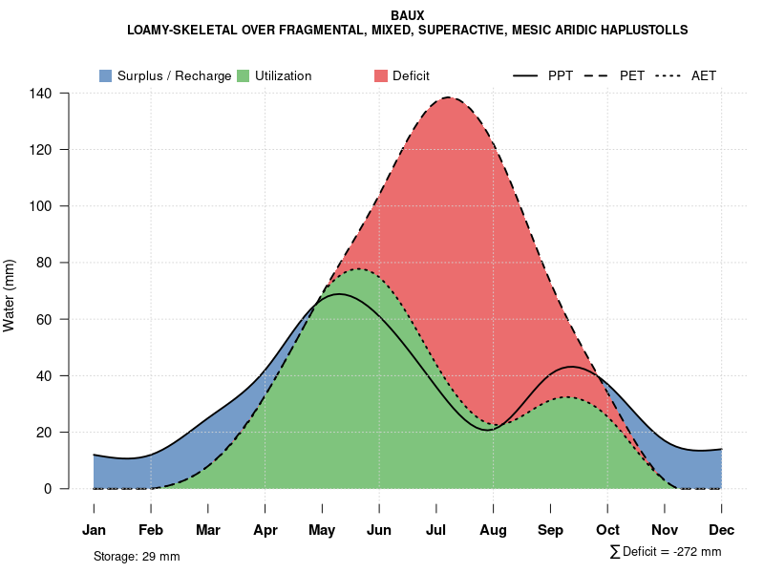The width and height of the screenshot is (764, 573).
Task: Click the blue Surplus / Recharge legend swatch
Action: (x=105, y=75)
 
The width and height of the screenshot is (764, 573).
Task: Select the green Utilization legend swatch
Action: (x=244, y=75)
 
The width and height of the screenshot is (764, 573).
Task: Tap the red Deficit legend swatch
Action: (x=380, y=75)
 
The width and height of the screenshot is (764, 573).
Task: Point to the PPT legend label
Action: (x=561, y=75)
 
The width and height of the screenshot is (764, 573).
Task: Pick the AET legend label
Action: (x=704, y=75)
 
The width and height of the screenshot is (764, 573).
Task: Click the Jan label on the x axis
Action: (x=94, y=530)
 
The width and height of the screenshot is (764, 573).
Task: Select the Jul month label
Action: (x=436, y=530)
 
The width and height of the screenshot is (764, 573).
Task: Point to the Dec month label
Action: (x=722, y=530)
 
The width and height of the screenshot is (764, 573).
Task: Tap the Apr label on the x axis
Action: (x=265, y=530)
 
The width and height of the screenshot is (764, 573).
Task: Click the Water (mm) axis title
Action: (x=10, y=295)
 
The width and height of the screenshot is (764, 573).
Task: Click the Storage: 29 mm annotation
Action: (x=137, y=556)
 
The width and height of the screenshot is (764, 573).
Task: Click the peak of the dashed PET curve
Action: (x=447, y=97)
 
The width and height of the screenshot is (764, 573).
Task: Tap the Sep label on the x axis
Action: (x=551, y=530)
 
